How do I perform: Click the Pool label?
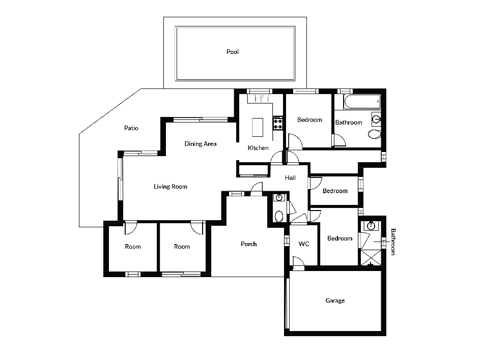[232, 52]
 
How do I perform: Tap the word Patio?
[131, 128]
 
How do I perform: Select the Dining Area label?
[201, 144]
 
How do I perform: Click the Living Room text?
[170, 186]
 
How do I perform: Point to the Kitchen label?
[258, 148]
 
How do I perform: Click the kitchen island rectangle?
[258, 127]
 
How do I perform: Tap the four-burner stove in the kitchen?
[278, 123]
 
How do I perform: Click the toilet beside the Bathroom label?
[374, 134]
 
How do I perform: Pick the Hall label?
[290, 177]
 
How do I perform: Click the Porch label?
[248, 244]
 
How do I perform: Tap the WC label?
[304, 244]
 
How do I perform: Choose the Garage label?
[335, 301]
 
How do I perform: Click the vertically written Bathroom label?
[393, 242]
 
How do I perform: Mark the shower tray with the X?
[371, 257]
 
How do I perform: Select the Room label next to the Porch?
[182, 247]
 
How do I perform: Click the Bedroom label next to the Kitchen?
[309, 120]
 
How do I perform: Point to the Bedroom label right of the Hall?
[335, 191]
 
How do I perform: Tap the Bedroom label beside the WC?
[339, 238]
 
